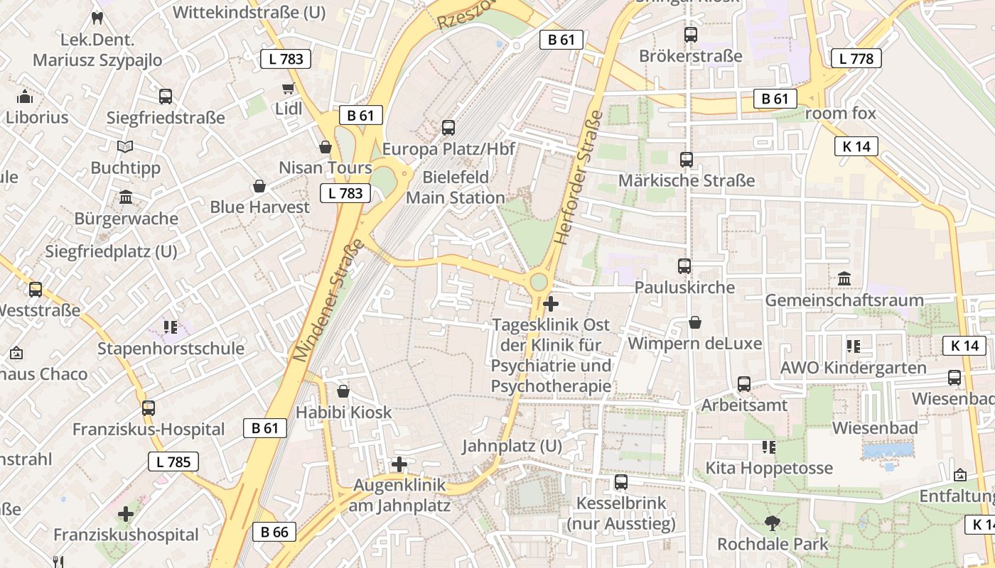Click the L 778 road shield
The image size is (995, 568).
coord(856,58)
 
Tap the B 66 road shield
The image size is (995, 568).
coord(274,532)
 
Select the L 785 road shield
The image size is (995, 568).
coord(173,462)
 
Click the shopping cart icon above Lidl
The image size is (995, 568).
coord(288,89)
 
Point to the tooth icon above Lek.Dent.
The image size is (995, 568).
coord(98,18)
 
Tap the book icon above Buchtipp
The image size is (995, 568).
coord(125,146)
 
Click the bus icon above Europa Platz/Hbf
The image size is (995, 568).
coord(448,128)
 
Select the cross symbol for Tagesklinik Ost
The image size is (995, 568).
coord(550,305)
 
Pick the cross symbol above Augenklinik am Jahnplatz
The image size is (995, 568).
coord(399,464)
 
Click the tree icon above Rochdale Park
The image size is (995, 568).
coord(772,524)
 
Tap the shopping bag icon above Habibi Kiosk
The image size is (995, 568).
coord(343,391)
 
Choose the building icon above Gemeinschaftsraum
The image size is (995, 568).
coord(844,279)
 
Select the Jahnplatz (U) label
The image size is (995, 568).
coord(512,447)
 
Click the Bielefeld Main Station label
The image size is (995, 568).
coord(455,187)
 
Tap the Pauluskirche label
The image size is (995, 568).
coord(684,288)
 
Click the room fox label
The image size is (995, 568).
coord(841,113)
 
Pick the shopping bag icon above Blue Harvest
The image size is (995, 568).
coord(259,187)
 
